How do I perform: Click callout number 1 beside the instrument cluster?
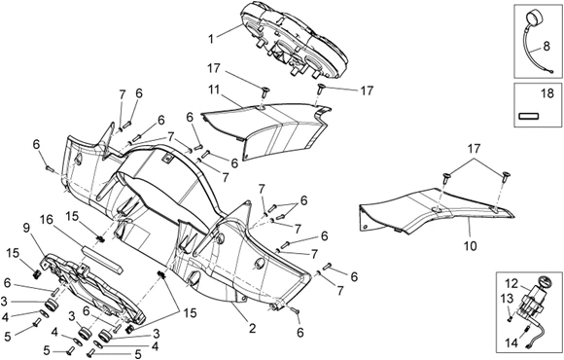[211, 39]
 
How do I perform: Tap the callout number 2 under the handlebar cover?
[252, 328]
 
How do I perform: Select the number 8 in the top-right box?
[546, 47]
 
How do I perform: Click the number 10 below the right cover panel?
[471, 245]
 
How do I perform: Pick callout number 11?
[215, 90]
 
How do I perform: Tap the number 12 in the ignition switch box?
[512, 284]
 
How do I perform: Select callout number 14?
[511, 343]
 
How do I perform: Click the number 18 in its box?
[547, 94]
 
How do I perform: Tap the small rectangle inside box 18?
[529, 116]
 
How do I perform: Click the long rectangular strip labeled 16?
[103, 259]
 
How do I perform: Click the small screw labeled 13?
[511, 318]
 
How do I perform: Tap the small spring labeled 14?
[527, 329]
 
